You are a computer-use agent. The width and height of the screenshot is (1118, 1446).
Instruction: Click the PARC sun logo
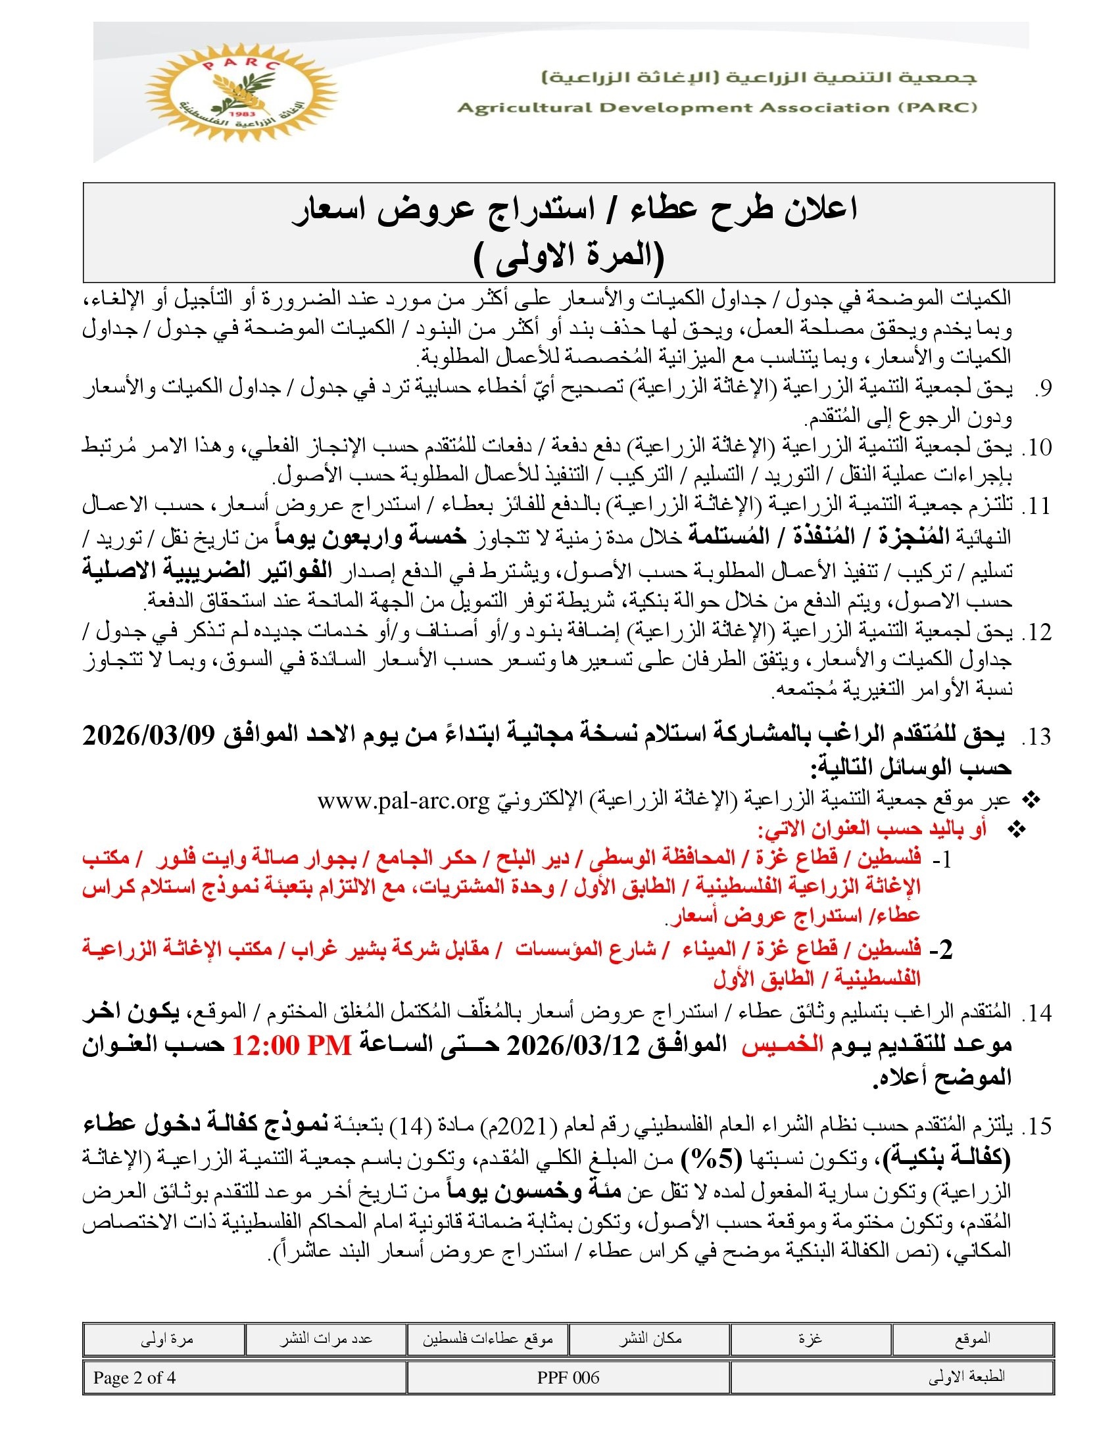coord(241,93)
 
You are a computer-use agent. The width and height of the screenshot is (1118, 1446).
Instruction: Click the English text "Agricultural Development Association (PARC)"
coord(717,108)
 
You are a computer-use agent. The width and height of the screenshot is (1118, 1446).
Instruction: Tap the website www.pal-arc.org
coord(402,801)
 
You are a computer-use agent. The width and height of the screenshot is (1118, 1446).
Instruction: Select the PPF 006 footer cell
coord(568,1378)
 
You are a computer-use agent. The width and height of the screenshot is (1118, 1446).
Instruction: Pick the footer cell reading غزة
coord(810,1339)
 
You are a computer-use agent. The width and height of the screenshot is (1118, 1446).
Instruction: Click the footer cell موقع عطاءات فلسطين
coord(487,1339)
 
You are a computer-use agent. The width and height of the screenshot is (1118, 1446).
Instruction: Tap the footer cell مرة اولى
coord(166,1339)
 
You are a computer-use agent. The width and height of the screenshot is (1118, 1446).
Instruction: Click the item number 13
coord(1036,737)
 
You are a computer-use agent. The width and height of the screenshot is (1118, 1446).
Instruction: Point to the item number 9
coord(1042,388)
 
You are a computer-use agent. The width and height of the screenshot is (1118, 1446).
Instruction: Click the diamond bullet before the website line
coord(1032,801)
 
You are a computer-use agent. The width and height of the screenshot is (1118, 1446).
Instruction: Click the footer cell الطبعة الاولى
coord(966,1378)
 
